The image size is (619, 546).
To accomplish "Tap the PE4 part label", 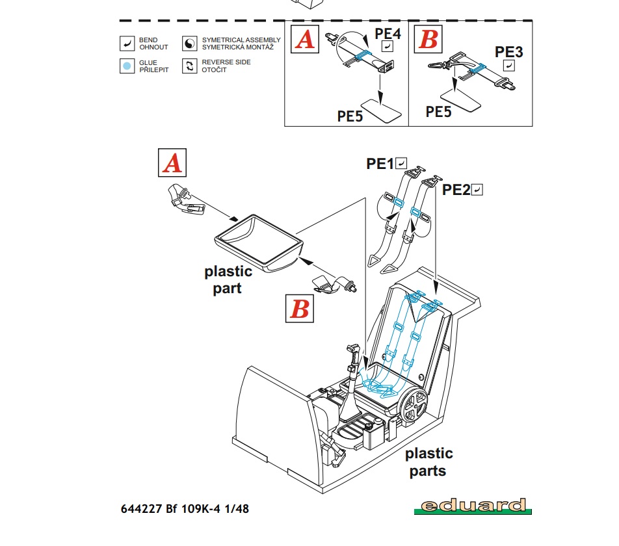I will point(388,33).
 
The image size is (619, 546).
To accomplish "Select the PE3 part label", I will point(509,52).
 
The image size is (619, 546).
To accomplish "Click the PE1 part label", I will point(380,164).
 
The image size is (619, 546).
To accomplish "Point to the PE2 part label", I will point(456,190).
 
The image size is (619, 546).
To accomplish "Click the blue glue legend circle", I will point(127,66).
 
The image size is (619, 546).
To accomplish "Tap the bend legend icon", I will point(127,44).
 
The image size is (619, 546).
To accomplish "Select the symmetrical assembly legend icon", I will point(190,44).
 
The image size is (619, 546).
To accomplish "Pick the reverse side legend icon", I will point(190,66).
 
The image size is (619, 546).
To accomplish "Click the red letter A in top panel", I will point(305,40).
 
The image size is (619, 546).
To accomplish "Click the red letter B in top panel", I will point(428,40).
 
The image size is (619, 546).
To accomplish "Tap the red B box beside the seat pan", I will point(300,308).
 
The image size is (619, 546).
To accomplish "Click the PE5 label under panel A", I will point(350,116).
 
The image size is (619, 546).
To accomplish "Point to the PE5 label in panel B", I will point(439,111).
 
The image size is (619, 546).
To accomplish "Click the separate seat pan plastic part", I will point(258,241).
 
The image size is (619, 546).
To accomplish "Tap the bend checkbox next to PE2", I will point(478,190).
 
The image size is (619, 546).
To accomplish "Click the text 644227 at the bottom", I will point(140,508).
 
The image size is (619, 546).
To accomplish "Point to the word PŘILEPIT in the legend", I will point(154,70).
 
